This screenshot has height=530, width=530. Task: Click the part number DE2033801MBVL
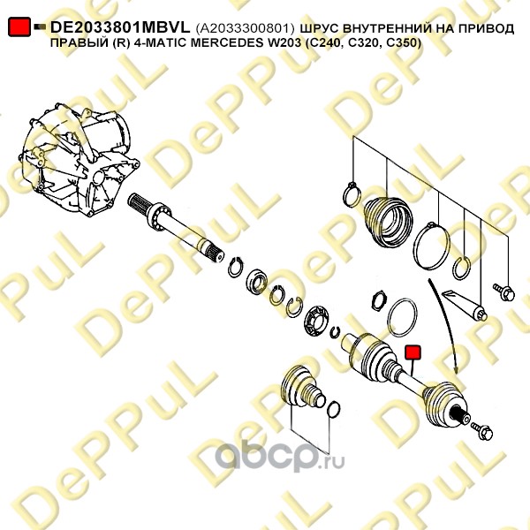coord(119,28)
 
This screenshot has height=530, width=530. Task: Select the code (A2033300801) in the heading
coord(245,28)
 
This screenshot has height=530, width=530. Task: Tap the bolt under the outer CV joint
coord(483,432)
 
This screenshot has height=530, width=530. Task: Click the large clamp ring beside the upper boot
coord(435,246)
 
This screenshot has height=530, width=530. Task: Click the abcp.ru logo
coord(274,457)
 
